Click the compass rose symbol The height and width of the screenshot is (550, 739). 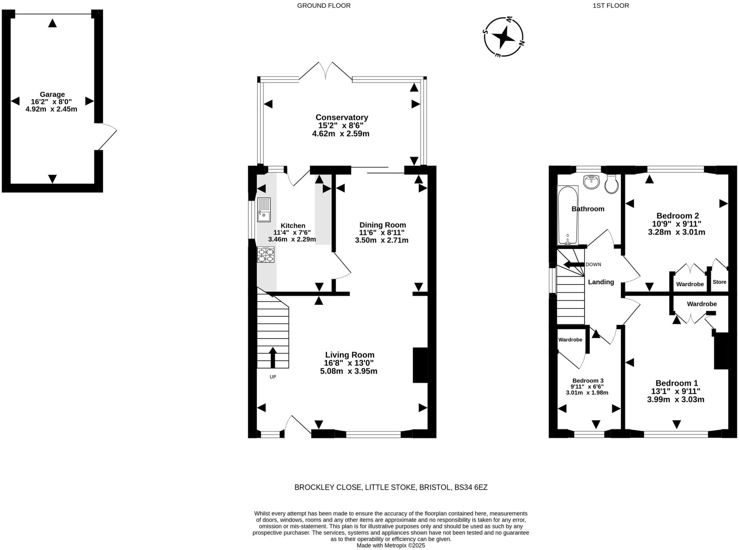(x=503, y=37)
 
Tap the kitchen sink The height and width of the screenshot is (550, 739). (x=264, y=210)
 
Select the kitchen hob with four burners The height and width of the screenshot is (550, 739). (x=266, y=254)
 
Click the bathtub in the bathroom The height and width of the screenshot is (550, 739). (x=568, y=215)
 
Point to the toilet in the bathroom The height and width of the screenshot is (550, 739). (x=612, y=184)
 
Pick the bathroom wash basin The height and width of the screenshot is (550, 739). (x=591, y=182)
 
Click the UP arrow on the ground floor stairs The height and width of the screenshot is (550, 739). (x=273, y=357)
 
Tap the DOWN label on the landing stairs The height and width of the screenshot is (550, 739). (x=593, y=265)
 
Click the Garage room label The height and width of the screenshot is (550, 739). (x=52, y=95)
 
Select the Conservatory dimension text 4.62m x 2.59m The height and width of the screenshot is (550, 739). (x=341, y=134)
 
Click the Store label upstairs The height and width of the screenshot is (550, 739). (x=720, y=282)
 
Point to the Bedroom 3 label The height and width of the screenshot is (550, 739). (x=588, y=381)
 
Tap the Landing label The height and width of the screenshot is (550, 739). (x=601, y=282)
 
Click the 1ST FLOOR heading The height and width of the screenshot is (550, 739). (x=611, y=5)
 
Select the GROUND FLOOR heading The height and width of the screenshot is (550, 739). (x=324, y=5)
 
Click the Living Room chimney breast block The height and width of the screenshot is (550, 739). (x=420, y=365)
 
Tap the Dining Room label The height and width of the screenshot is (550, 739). (x=382, y=225)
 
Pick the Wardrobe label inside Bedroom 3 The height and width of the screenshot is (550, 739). (x=570, y=340)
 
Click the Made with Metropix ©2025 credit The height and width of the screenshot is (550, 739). (x=391, y=546)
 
